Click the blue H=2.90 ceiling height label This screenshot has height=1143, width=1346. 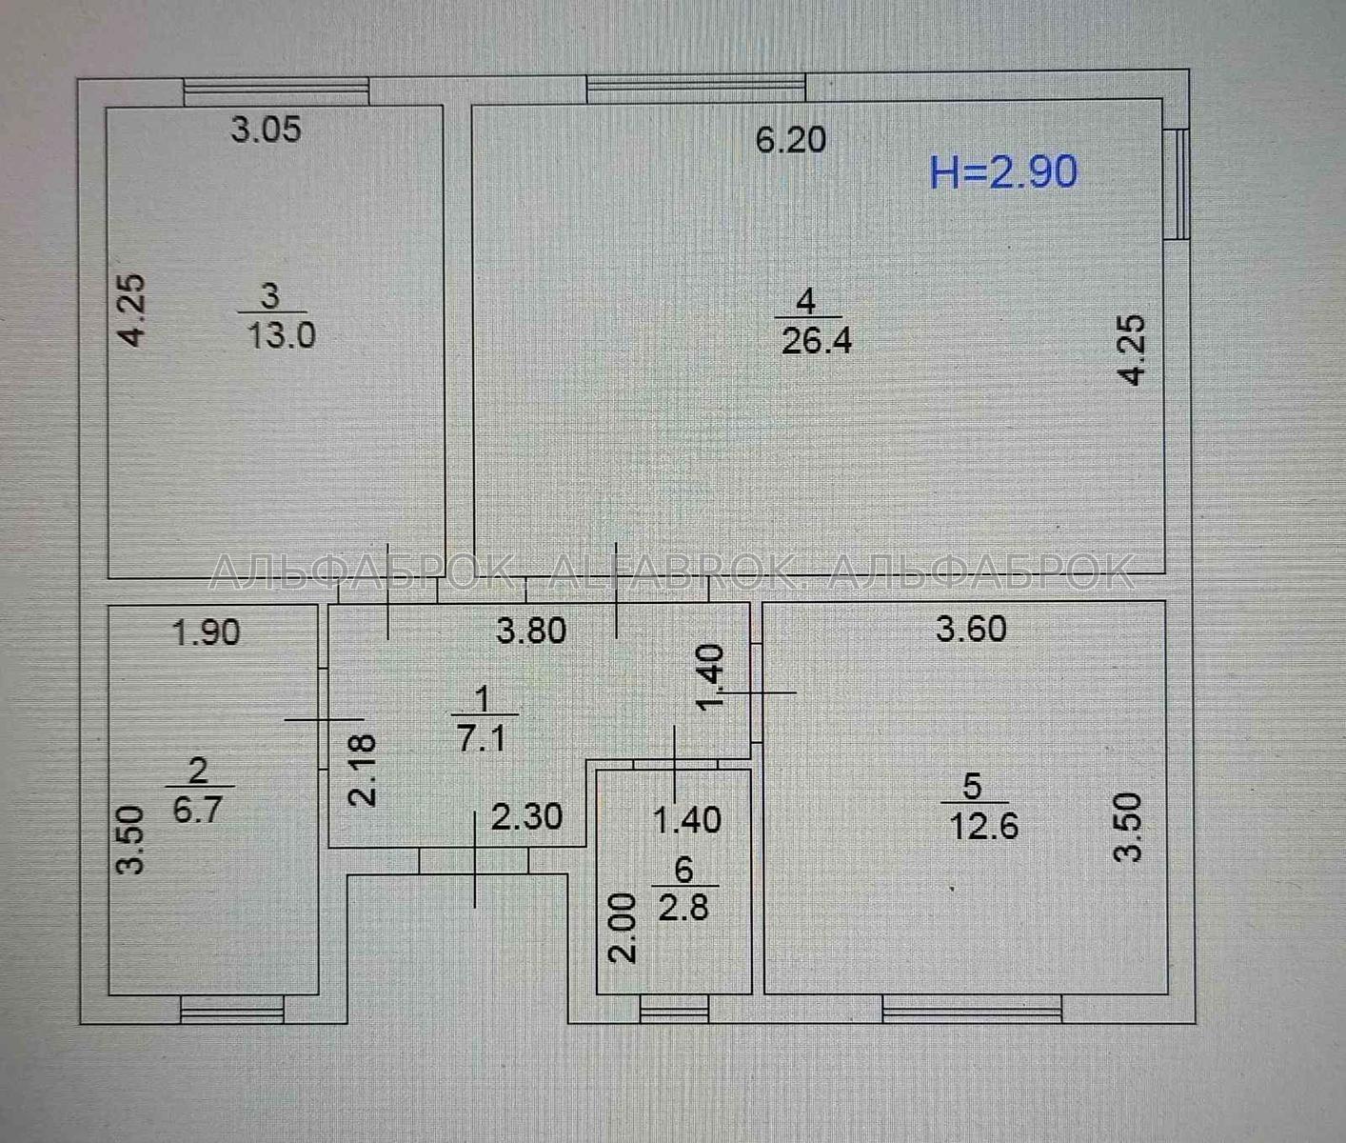tap(1003, 172)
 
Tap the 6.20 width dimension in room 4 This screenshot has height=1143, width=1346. tap(790, 140)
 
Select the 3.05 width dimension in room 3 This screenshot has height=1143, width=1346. tap(266, 129)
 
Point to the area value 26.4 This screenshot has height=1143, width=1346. tap(816, 341)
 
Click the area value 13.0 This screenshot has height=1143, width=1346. tap(282, 335)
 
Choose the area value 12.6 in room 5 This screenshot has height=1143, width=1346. tap(983, 827)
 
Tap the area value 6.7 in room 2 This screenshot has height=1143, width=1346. tap(197, 810)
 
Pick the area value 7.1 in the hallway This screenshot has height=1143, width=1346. tap(482, 739)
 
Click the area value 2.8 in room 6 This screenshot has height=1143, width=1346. tap(683, 907)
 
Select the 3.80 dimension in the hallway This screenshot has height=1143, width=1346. tap(531, 631)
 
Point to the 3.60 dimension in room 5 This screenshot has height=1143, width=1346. tap(971, 629)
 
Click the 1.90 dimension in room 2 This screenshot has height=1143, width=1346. tap(206, 632)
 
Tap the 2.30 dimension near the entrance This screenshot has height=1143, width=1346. tap(526, 816)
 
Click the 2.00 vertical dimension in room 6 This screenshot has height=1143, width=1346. tap(622, 928)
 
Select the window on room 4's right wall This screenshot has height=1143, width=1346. tap(1178, 185)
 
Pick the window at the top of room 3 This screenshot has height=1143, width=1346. tap(276, 91)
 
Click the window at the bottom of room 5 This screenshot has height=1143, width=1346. tap(972, 1010)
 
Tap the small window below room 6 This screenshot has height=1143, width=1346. tap(674, 1010)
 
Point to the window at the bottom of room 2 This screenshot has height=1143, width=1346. tap(232, 1010)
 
